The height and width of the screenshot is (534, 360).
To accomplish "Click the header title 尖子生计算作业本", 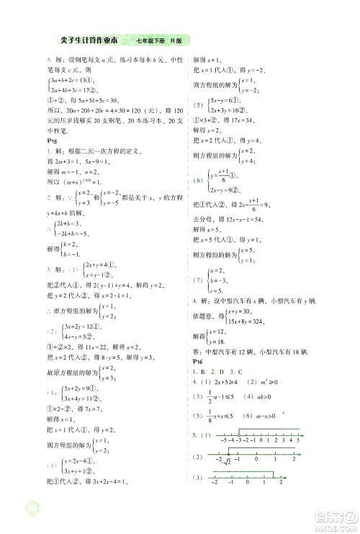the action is [x=85, y=41].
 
